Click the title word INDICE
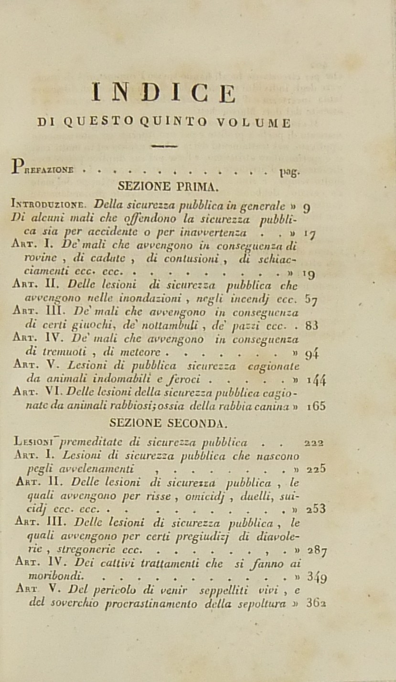click(163, 93)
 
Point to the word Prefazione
click(43, 168)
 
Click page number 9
click(308, 207)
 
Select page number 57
click(311, 299)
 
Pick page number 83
click(312, 326)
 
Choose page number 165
click(316, 406)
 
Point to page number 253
click(315, 509)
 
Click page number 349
click(316, 577)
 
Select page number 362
click(316, 603)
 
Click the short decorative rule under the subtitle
click(163, 146)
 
